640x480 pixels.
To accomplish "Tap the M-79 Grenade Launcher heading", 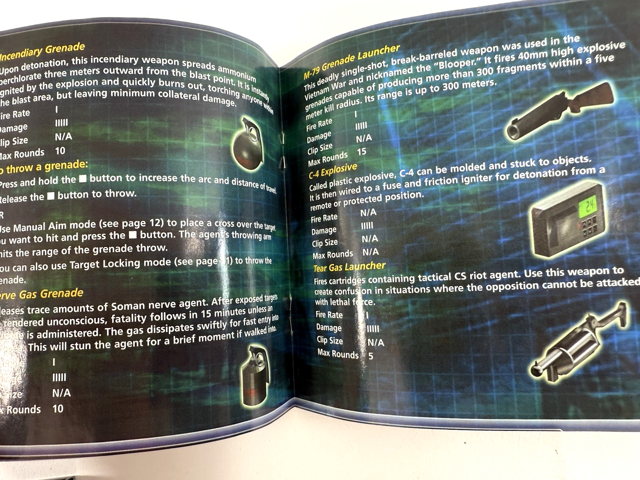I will pos(352,62).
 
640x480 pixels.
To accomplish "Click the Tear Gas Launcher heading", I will pos(349,267).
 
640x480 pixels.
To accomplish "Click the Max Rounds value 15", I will pos(361,152).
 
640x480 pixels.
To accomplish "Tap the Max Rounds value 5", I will pos(371,356).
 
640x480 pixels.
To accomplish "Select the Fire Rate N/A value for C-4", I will pos(368,213).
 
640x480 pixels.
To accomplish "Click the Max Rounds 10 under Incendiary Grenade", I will pos(60,151).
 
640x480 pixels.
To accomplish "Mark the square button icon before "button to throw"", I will pos(51,196).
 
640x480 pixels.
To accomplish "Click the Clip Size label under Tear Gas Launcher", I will pos(330,340).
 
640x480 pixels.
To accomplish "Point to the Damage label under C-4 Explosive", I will pos(324,231).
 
